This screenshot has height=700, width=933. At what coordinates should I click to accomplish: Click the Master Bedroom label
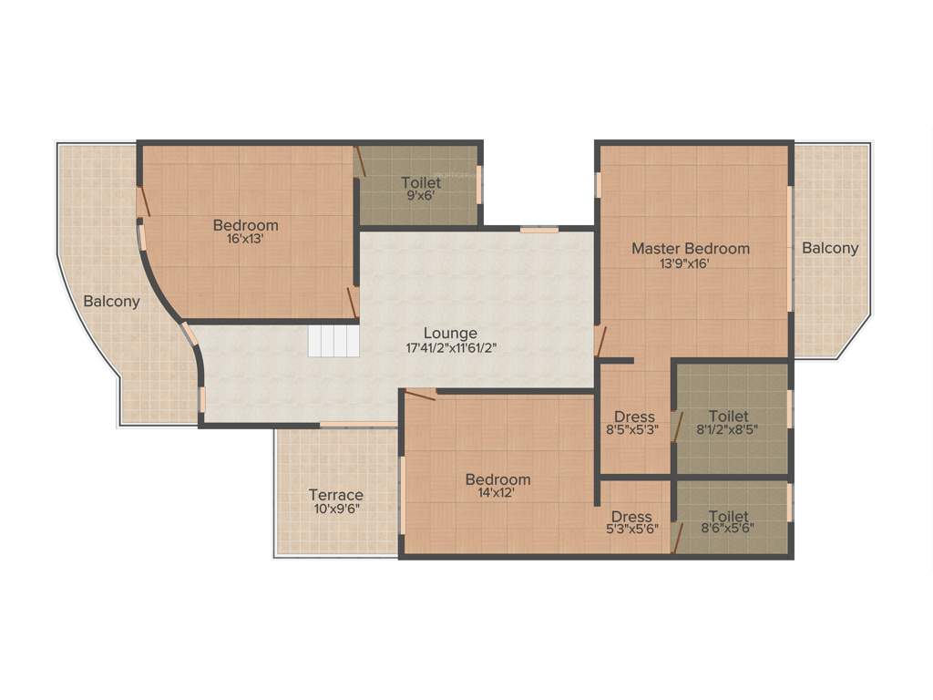[x=691, y=248]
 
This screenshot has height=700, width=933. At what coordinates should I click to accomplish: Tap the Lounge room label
[x=450, y=333]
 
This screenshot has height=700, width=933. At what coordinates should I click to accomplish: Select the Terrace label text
[x=335, y=495]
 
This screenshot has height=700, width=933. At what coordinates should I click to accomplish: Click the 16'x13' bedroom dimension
[x=245, y=240]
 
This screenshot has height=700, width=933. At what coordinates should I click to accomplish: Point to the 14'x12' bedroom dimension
[x=497, y=494]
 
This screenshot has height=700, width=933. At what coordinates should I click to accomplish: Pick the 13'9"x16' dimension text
[x=691, y=263]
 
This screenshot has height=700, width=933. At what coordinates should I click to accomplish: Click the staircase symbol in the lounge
[x=334, y=341]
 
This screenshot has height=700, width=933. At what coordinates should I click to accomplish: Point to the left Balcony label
[x=111, y=302]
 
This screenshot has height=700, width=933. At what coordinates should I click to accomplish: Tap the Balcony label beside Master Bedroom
[x=830, y=248]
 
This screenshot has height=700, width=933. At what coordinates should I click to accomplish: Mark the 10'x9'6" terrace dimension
[x=335, y=510]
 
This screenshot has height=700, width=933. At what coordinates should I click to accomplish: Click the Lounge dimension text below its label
[x=451, y=347]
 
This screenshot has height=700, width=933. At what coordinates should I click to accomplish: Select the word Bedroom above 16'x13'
[x=245, y=225]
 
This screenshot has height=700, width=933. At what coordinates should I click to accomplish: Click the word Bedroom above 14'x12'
[x=497, y=479]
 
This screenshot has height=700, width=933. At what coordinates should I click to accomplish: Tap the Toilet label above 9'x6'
[x=421, y=183]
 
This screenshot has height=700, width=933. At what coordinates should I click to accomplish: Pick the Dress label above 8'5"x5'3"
[x=634, y=417]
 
